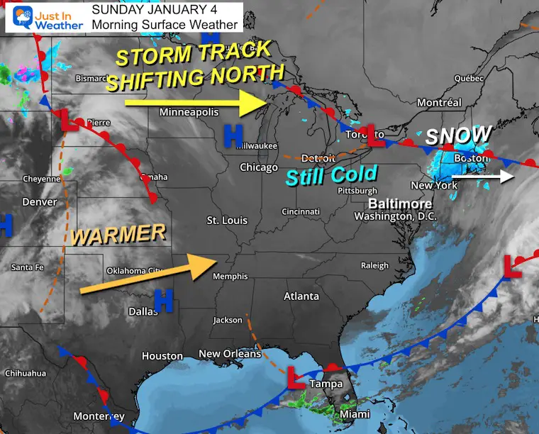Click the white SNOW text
(458, 135)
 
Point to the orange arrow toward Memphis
(149, 274)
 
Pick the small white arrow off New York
(512, 176)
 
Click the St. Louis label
(227, 221)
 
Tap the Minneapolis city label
(189, 112)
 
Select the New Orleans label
(230, 354)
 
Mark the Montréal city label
(439, 103)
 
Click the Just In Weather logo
(45, 17)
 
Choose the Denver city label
(39, 202)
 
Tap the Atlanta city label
(301, 296)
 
